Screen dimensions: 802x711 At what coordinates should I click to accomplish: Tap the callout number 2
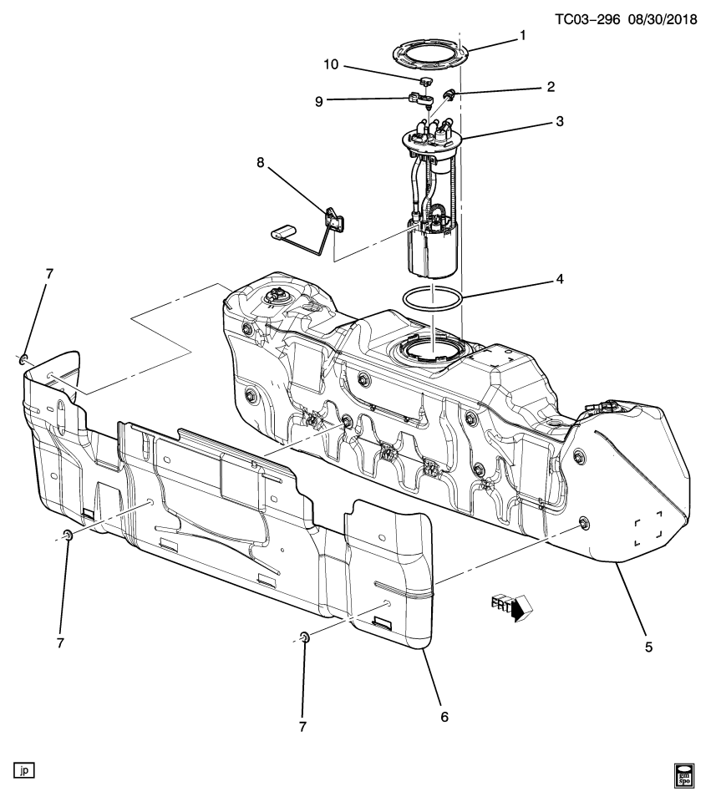[550, 86]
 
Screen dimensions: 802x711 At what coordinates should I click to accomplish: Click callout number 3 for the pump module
[559, 121]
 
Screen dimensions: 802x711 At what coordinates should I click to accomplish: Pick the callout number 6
[444, 716]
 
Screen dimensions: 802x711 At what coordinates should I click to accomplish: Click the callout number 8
[262, 163]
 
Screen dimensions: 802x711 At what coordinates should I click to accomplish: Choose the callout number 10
[330, 64]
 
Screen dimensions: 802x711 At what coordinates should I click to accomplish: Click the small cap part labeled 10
[425, 82]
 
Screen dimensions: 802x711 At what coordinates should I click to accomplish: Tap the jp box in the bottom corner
[24, 769]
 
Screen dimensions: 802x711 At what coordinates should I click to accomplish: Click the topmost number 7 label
[49, 274]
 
